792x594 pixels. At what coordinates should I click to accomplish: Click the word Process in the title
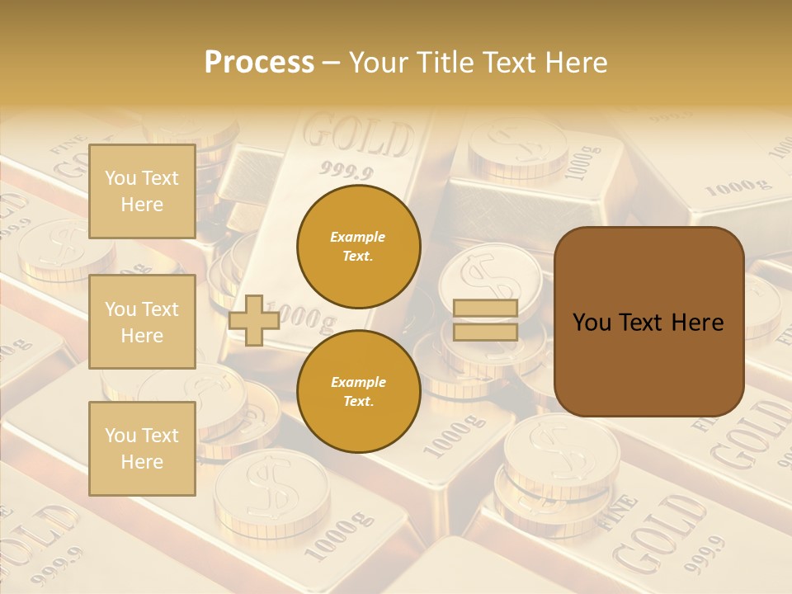(259, 63)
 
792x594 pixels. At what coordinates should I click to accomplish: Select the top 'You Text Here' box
(142, 191)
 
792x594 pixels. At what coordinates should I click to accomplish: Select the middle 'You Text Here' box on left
(142, 322)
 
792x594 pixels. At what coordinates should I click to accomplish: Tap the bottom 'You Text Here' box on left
(142, 449)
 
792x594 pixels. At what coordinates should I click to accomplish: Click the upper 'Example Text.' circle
(358, 247)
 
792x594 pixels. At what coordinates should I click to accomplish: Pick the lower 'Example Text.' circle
(358, 391)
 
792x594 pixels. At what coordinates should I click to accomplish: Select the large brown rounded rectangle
(648, 322)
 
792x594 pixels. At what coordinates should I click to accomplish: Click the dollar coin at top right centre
(517, 148)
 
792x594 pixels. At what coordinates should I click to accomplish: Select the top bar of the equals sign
(485, 309)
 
